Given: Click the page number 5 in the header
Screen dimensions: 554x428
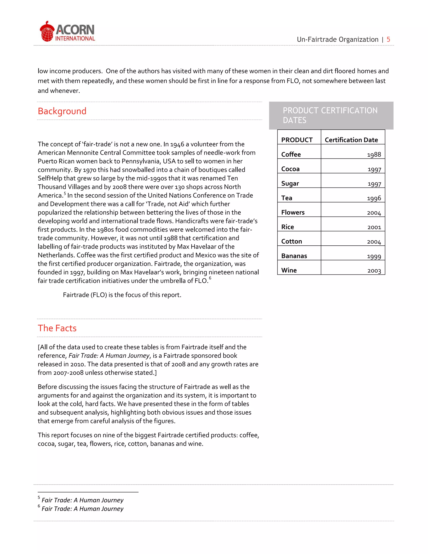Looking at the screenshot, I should (388, 40).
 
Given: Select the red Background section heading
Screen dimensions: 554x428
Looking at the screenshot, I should (62, 111).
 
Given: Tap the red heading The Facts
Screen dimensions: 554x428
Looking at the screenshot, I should (57, 328).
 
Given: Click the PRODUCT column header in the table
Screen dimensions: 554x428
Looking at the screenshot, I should (297, 140).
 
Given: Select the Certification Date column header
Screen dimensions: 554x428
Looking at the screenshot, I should (351, 140).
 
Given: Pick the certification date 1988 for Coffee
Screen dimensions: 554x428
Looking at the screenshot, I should (374, 154).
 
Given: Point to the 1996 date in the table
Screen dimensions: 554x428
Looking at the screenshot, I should (374, 198).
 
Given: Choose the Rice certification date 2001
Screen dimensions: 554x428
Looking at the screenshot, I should (374, 227).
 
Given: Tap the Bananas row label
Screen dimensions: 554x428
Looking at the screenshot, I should (294, 256).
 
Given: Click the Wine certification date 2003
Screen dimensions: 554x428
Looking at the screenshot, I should (374, 270).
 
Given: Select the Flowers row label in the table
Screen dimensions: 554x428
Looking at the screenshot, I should (293, 212).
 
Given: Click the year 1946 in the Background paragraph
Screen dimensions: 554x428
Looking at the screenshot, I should (177, 144).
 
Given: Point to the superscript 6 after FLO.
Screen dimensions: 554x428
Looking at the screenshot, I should (210, 278).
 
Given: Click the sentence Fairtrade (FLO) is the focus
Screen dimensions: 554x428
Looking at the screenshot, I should (122, 295).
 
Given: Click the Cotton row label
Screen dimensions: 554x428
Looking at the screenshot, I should (292, 241).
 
